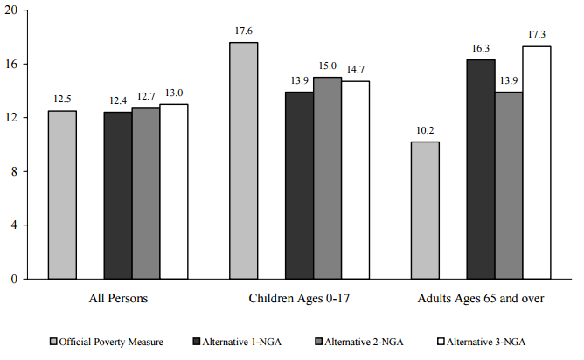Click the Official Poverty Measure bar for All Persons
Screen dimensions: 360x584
[x=62, y=194]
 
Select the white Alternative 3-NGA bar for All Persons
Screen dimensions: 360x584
[x=174, y=191]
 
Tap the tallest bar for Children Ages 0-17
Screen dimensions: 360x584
[x=243, y=160]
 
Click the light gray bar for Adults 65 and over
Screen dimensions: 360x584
[x=425, y=210]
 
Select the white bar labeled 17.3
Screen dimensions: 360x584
[x=537, y=163]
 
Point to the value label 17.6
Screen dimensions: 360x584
[x=243, y=32]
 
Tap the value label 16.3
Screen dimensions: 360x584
[x=481, y=50]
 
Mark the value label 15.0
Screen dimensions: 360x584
[x=327, y=67]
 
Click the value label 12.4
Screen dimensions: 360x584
[x=117, y=102]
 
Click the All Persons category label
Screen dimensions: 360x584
[x=118, y=298]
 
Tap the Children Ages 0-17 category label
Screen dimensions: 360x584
[x=299, y=298]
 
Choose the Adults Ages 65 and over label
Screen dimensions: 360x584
[x=481, y=298]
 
